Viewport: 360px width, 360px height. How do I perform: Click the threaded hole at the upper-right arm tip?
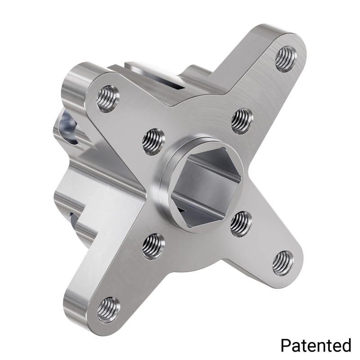click(x=285, y=58)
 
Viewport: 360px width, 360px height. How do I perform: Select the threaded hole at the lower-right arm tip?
click(x=283, y=263)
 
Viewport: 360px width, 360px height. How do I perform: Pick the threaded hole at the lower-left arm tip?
click(x=108, y=309)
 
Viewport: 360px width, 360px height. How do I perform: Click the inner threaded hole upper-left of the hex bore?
click(x=153, y=141)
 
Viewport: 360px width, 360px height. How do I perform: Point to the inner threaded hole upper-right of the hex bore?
click(x=242, y=121)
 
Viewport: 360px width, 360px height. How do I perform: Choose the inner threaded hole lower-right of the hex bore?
click(x=241, y=224)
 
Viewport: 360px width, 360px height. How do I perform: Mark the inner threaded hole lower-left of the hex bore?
click(x=153, y=246)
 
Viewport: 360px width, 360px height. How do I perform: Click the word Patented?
click(x=316, y=345)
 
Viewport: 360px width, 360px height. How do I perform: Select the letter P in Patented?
click(x=285, y=345)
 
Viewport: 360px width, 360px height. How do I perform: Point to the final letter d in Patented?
click(x=346, y=345)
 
